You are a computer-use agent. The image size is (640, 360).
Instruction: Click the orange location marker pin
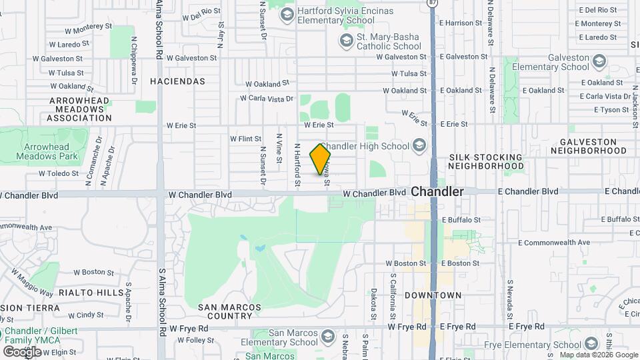[320, 159]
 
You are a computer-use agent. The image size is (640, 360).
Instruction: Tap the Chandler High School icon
[419, 145]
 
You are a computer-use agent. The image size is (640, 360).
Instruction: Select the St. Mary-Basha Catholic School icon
[346, 41]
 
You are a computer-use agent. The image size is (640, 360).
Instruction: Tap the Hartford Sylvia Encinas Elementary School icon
[287, 14]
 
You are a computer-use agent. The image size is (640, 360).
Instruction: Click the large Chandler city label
[437, 191]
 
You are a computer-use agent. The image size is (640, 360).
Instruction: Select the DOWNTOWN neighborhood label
[433, 295]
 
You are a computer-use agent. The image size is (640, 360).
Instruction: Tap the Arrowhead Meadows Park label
[51, 151]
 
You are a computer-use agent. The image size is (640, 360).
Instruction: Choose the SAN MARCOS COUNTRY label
[225, 312]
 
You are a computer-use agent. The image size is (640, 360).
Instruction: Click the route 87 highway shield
[433, 3]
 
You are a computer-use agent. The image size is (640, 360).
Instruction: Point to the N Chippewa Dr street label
[135, 71]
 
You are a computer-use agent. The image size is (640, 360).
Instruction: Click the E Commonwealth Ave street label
[553, 242]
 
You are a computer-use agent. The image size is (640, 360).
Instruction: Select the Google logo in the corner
[21, 351]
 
